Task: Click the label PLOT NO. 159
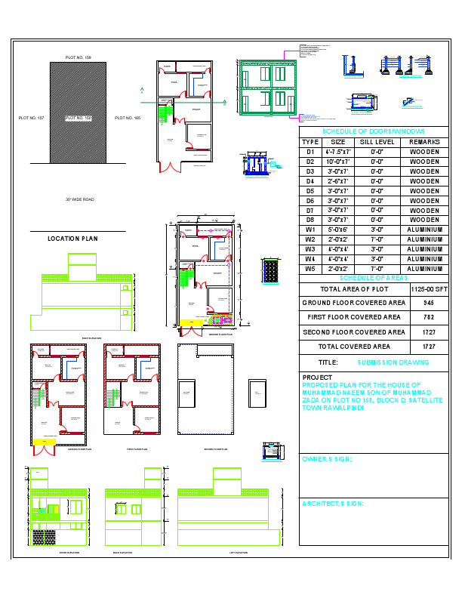[78, 57]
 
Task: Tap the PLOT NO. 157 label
[32, 118]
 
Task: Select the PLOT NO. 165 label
[128, 118]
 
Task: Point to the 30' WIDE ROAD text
[79, 199]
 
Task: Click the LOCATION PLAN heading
[72, 239]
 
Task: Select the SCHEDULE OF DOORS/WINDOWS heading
[374, 131]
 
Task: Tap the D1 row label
[310, 152]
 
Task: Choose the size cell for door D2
[338, 162]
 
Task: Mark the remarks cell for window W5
[424, 269]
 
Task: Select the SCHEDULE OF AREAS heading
[374, 278]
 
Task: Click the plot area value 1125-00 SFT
[429, 289]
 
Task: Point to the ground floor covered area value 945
[429, 303]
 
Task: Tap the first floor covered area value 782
[429, 317]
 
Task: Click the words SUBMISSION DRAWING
[393, 362]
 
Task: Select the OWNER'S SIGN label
[327, 458]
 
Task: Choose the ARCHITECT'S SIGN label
[333, 503]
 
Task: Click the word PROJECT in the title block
[317, 378]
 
